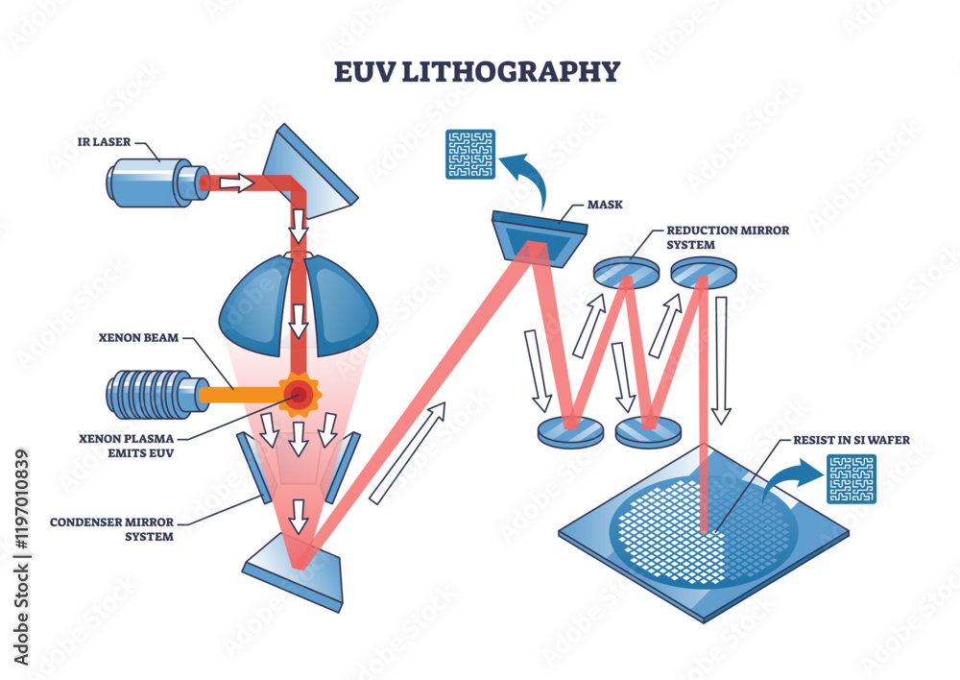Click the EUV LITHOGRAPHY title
pyautogui.click(x=478, y=71)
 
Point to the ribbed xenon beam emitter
pyautogui.click(x=154, y=394)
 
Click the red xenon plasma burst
pyautogui.click(x=299, y=393)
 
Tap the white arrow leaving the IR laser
pyautogui.click(x=234, y=182)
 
